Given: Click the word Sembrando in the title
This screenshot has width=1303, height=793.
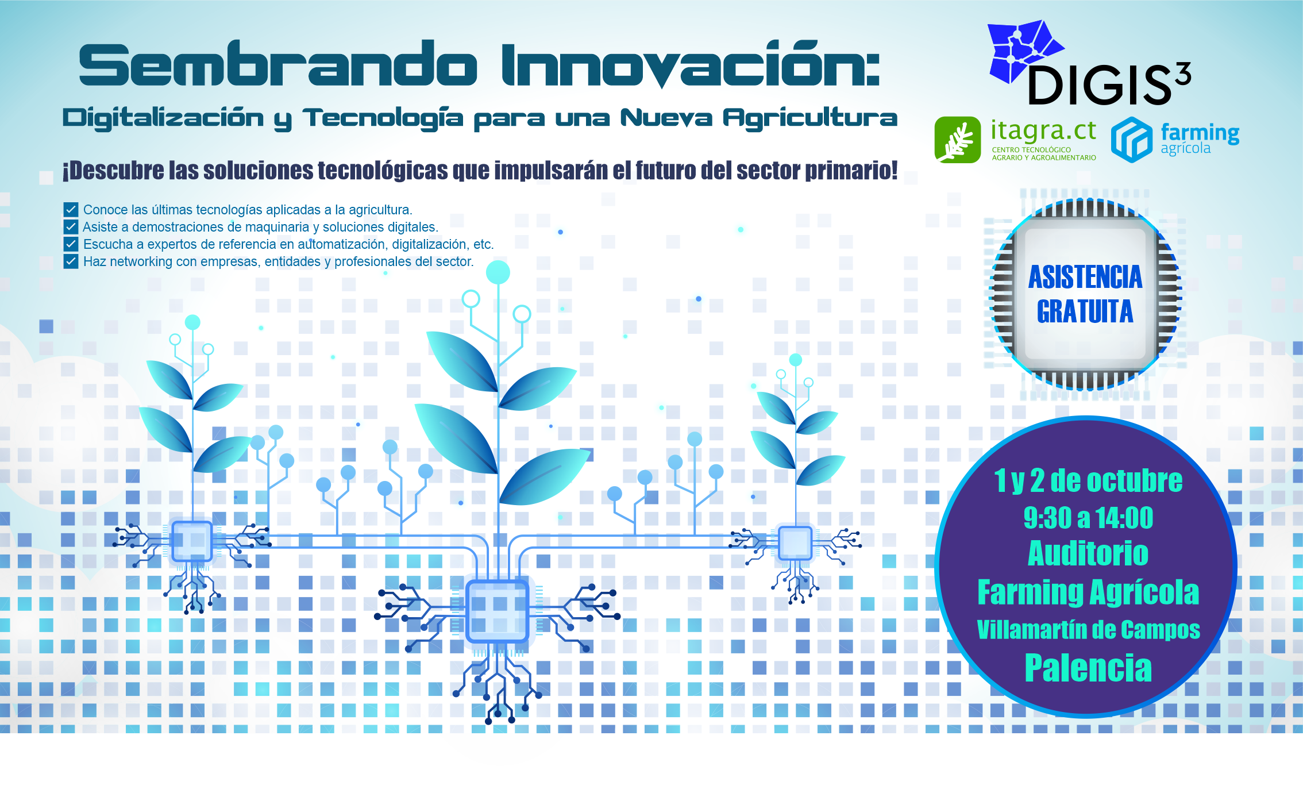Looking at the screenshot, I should tap(277, 65).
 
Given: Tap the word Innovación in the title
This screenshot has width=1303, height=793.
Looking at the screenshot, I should tap(689, 65).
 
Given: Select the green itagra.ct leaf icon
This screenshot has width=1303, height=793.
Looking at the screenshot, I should tap(957, 140).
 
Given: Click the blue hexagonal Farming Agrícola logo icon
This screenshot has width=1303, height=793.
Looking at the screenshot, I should tap(1131, 139).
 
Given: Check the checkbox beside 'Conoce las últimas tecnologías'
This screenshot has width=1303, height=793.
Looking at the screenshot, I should tap(71, 210).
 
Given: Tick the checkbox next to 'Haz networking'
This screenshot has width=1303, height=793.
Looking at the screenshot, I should tap(71, 261).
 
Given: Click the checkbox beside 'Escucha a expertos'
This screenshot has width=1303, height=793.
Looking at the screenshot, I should tap(71, 244).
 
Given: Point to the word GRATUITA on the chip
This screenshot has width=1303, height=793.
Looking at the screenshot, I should tap(1085, 312).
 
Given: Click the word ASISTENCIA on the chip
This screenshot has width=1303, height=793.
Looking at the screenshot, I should tap(1085, 278).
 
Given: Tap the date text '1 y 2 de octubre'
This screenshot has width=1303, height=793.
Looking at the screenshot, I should tap(1088, 481).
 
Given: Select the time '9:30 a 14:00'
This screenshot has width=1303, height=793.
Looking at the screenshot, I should tap(1088, 518).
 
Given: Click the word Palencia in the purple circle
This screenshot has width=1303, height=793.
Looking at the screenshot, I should tap(1088, 668).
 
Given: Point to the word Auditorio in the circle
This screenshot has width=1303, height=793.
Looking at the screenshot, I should tap(1088, 553).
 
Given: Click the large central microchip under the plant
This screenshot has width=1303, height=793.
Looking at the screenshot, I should tap(498, 611).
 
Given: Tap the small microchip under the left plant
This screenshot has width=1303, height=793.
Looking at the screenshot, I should tap(192, 541).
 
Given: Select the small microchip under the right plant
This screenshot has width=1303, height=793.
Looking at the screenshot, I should tap(795, 543).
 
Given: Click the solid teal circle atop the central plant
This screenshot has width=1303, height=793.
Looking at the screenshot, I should tap(498, 272).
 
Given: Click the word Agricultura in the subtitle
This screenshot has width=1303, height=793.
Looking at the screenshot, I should tap(810, 118).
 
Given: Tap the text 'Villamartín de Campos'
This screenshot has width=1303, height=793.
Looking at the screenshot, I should tap(1088, 630).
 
